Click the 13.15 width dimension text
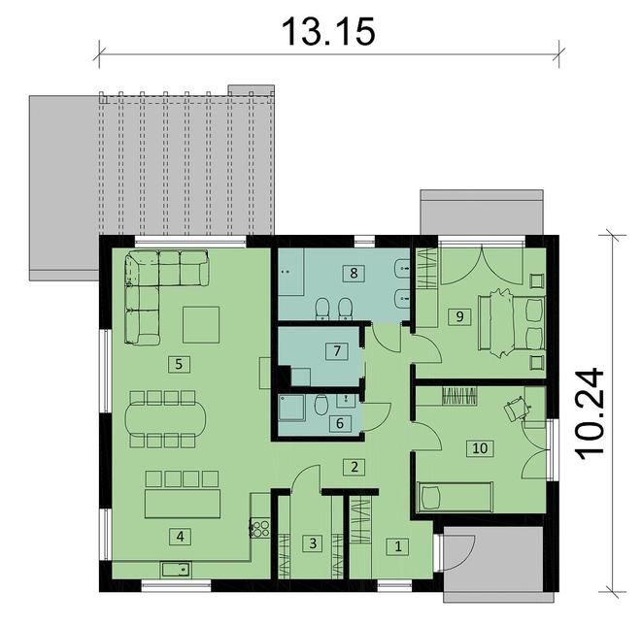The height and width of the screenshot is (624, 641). click(x=327, y=31)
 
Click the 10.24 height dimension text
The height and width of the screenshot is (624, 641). click(x=589, y=412)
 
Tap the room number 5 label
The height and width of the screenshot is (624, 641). click(x=176, y=364)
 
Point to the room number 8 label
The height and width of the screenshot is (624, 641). click(x=354, y=273)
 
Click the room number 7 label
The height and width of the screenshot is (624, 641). click(x=333, y=350)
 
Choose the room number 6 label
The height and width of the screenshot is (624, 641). click(x=339, y=422)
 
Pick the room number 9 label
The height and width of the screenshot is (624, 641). click(x=455, y=315)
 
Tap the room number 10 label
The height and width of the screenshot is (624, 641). click(x=477, y=447)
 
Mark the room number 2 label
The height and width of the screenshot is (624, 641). click(x=356, y=467)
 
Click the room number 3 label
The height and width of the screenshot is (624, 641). click(x=312, y=543)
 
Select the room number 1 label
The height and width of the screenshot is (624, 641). click(x=397, y=546)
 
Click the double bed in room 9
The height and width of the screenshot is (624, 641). click(x=516, y=319)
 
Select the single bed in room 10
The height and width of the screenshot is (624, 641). click(x=455, y=497)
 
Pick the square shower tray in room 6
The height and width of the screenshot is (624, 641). click(x=291, y=413)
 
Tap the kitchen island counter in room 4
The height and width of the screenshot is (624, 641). click(x=183, y=504)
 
